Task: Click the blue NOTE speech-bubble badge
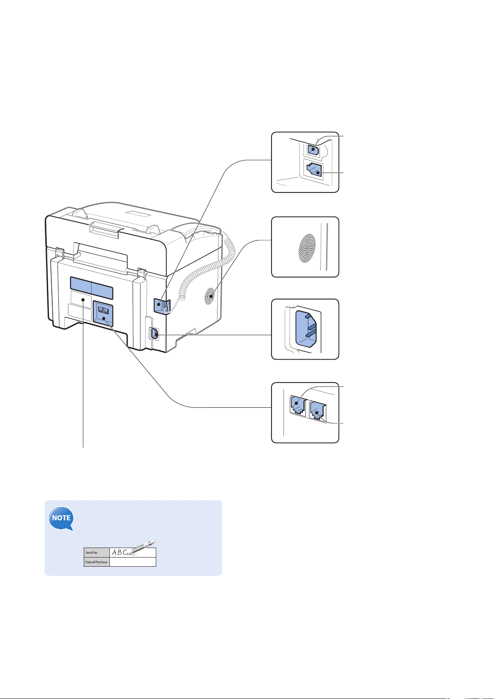pos(61,518)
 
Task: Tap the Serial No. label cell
pos(97,552)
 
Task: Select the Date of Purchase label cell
pos(97,562)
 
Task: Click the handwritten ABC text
pos(120,552)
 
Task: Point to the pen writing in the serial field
pos(142,547)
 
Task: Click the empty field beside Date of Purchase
pos(133,562)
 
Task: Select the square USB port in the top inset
pos(314,149)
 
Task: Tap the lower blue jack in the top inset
pos(315,170)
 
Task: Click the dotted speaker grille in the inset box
pos(307,248)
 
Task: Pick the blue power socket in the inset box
pos(306,329)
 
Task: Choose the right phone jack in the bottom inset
pos(318,412)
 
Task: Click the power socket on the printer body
pos(155,334)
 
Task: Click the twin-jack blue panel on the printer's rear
pos(103,314)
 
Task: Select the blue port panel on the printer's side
pos(162,306)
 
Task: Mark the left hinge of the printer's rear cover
pos(60,252)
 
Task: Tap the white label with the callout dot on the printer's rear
pos(81,299)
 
